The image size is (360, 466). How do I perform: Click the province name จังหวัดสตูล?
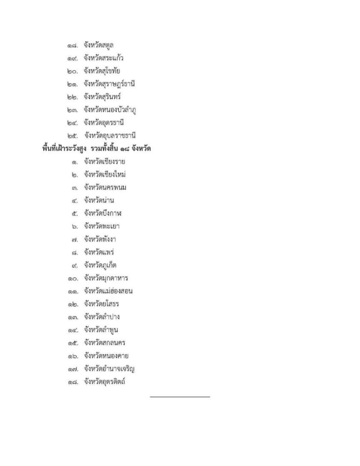pyautogui.click(x=98, y=45)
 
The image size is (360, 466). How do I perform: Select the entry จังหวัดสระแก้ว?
pyautogui.click(x=104, y=58)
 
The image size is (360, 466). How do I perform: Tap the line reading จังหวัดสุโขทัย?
pyautogui.click(x=102, y=71)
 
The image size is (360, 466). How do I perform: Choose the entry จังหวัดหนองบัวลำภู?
pyautogui.click(x=110, y=110)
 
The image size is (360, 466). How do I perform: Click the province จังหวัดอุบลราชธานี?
pyautogui.click(x=110, y=136)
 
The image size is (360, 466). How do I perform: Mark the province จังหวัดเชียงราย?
pyautogui.click(x=105, y=162)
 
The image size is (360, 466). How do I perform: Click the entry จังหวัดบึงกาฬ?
pyautogui.click(x=103, y=213)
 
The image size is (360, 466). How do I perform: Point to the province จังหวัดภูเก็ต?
pyautogui.click(x=101, y=265)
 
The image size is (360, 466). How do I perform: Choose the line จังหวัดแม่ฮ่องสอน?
pyautogui.click(x=108, y=291)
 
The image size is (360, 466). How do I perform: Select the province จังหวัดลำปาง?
pyautogui.click(x=101, y=317)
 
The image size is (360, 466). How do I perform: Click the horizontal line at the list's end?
pyautogui.click(x=180, y=397)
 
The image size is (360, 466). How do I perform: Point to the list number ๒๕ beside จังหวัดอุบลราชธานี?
pyautogui.click(x=73, y=136)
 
